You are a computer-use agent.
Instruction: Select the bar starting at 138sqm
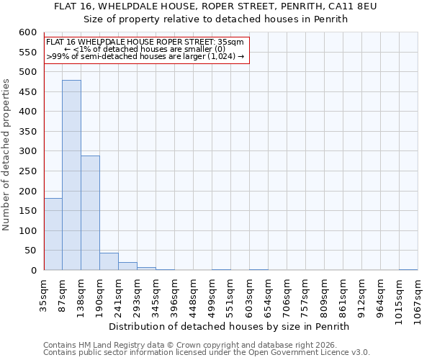(x=90, y=213)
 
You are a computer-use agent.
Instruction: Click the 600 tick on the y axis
(x=27, y=33)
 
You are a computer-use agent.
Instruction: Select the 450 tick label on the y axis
(x=27, y=112)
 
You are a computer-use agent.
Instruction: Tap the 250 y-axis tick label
(x=27, y=192)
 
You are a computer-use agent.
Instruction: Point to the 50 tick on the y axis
(x=30, y=251)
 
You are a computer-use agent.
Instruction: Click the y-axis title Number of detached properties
(x=6, y=156)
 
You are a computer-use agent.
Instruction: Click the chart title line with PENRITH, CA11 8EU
(x=215, y=6)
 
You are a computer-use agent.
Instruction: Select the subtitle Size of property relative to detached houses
(x=215, y=19)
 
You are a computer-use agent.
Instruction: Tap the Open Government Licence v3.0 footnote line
(x=207, y=353)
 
